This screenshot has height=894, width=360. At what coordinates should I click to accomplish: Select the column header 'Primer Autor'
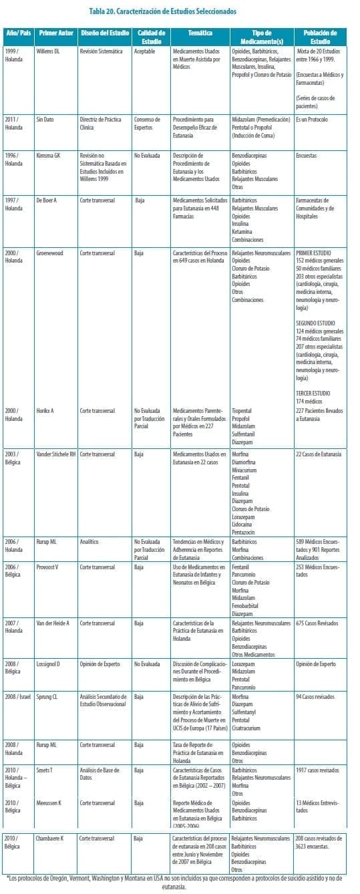click(55, 33)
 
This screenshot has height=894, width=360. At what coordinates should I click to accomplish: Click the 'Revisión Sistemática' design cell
click(101, 50)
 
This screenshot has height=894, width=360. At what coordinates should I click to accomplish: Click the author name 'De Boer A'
click(49, 199)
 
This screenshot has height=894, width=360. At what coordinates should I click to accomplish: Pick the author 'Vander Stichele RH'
click(57, 454)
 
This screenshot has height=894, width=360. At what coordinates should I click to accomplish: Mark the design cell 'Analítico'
click(89, 541)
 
